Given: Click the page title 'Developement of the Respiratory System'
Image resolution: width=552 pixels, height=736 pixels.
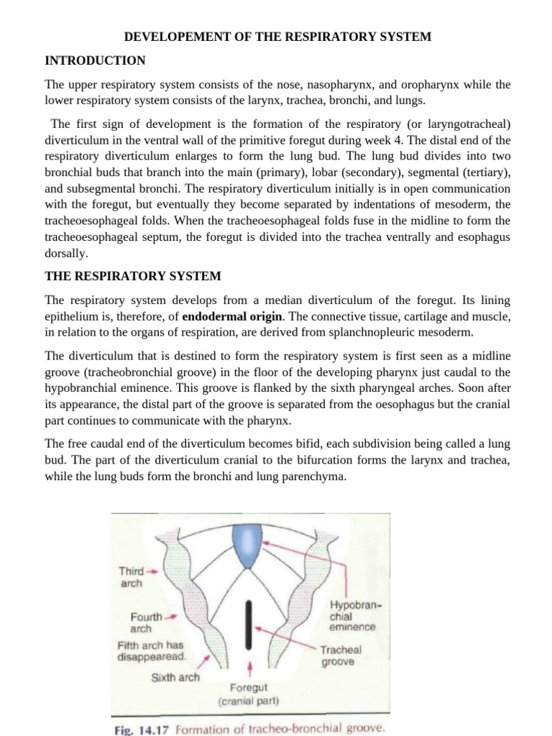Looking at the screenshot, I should coord(277,36).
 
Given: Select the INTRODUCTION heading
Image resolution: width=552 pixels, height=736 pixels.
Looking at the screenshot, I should coord(95,60).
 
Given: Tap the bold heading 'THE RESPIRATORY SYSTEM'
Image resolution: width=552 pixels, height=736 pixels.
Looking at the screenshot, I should coord(133,276).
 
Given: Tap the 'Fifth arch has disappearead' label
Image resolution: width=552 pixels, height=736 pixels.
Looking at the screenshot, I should coord(151,650).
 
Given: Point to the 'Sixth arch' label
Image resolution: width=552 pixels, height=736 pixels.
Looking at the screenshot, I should coord(175,677).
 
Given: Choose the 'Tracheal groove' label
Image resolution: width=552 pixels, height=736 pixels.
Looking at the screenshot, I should coord(341,655).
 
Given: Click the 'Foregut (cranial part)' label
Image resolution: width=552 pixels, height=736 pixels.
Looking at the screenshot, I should coord(248,694).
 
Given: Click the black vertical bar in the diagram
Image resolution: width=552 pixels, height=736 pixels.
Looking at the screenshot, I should coord(249,625).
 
